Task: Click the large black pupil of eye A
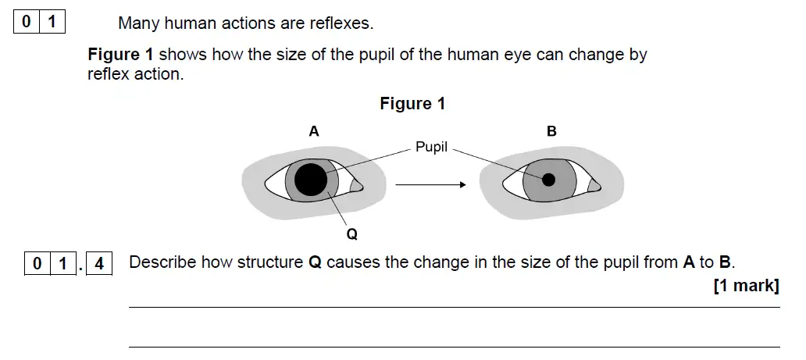point(310,181)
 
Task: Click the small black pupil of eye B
point(548,180)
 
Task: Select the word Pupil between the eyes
point(431,147)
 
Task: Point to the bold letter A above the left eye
point(313,132)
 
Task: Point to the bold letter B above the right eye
point(551,132)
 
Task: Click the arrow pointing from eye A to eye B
point(430,185)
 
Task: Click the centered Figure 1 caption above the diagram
point(412,104)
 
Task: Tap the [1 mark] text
point(746,286)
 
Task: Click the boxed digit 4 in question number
point(98,264)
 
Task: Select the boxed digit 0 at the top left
point(26,22)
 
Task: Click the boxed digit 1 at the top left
point(52,22)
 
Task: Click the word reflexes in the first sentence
point(339,23)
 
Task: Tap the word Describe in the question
point(162,262)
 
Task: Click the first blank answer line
point(454,308)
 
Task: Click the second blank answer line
point(454,346)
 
